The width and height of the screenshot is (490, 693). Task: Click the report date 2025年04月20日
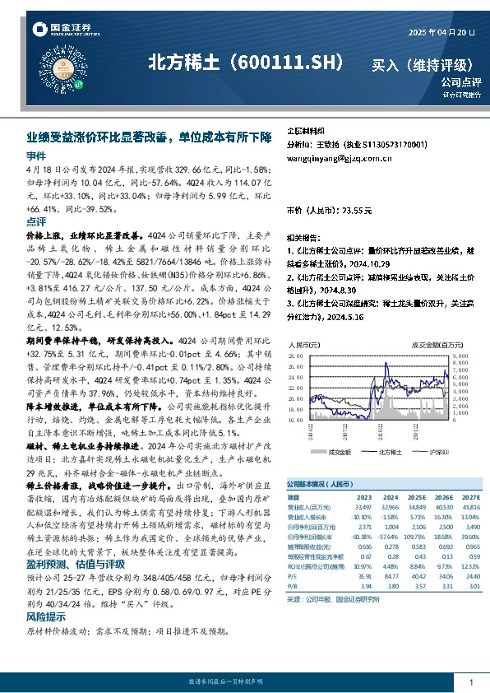click(441, 32)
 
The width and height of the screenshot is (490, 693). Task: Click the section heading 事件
click(36, 156)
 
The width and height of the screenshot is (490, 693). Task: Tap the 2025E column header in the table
click(417, 496)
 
